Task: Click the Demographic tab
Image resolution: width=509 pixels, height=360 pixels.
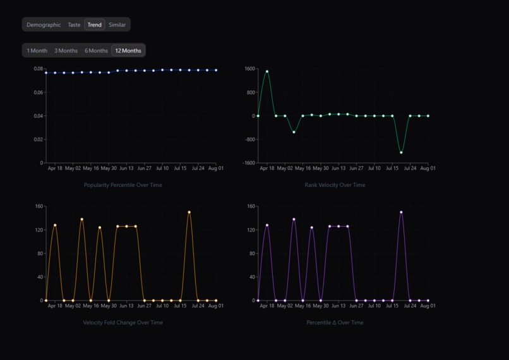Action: (x=44, y=25)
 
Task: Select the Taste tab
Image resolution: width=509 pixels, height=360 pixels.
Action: (x=75, y=25)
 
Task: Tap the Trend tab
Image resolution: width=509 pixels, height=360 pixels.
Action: (x=95, y=25)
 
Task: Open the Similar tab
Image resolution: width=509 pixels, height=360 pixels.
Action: (x=117, y=25)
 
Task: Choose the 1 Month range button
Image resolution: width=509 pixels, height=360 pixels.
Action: (x=37, y=51)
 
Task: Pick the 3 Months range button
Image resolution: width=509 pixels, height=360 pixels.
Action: (x=66, y=51)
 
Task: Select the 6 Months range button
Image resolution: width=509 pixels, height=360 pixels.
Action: (x=97, y=51)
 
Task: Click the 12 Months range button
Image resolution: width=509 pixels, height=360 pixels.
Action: (x=128, y=51)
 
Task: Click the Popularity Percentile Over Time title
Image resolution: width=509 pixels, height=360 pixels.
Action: (x=123, y=185)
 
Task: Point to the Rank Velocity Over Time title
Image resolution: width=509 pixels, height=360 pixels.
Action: (x=335, y=185)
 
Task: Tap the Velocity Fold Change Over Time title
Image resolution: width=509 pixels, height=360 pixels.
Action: (x=123, y=323)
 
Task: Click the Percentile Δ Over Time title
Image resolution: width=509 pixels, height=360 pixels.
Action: (x=335, y=323)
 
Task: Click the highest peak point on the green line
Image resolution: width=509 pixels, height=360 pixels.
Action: (x=267, y=71)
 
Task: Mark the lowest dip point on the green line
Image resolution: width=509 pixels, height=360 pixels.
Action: (x=401, y=152)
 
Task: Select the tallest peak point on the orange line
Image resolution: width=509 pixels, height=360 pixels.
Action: (x=189, y=212)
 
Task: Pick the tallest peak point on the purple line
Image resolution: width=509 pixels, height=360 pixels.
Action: (x=401, y=212)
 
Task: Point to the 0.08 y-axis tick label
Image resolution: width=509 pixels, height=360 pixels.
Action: (x=38, y=69)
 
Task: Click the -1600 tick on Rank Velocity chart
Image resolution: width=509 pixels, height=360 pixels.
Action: (x=248, y=163)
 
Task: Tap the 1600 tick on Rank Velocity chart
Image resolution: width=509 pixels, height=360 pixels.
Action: (x=249, y=69)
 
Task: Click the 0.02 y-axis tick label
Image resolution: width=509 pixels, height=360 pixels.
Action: (x=38, y=140)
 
